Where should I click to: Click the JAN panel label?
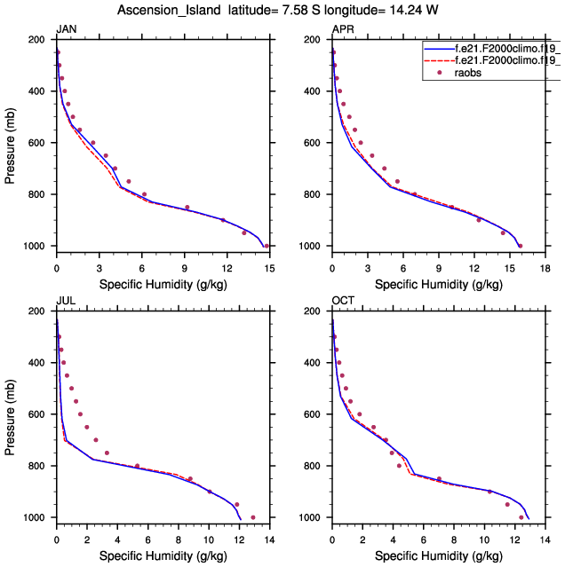[x=66, y=30]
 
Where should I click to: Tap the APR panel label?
[x=341, y=30]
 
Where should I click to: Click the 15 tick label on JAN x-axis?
[x=268, y=267]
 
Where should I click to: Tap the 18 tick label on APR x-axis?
[x=544, y=267]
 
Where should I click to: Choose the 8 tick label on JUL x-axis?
[x=179, y=539]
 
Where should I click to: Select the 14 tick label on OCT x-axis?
[x=544, y=539]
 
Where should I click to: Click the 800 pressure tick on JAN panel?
[x=38, y=194]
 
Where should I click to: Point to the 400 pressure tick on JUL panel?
[x=38, y=363]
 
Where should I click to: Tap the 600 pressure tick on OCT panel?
[x=314, y=414]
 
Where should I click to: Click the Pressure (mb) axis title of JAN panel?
[x=10, y=143]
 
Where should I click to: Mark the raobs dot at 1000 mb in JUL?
[x=253, y=517]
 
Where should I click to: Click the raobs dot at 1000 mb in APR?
[x=520, y=246]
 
